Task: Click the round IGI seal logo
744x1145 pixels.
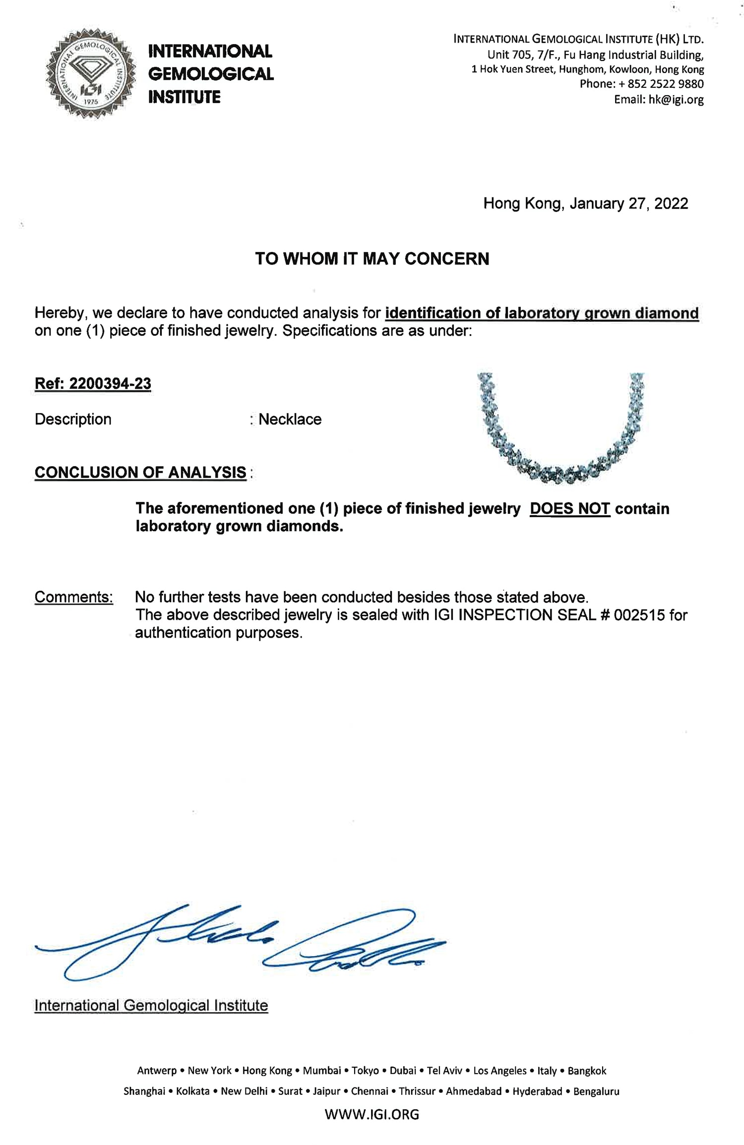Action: (x=91, y=73)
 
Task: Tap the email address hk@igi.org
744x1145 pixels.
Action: (x=676, y=100)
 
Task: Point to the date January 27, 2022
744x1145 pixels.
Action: (x=628, y=204)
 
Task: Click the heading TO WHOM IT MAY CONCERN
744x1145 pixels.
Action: (x=372, y=259)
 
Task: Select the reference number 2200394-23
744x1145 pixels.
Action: (x=110, y=384)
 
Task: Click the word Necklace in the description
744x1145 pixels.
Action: (x=290, y=420)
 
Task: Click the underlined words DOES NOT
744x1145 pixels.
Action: (x=569, y=509)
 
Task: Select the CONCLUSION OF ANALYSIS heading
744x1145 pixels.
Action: (x=140, y=473)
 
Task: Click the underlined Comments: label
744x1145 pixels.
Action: (x=74, y=597)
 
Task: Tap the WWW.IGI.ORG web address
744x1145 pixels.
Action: (x=372, y=1114)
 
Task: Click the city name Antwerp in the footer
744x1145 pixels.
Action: (x=157, y=1071)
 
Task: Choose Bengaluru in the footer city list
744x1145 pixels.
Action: (x=596, y=1091)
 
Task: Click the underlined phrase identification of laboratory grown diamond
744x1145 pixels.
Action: (x=542, y=313)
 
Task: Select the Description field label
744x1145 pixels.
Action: (x=73, y=420)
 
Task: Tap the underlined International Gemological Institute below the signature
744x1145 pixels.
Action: (x=151, y=1005)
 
